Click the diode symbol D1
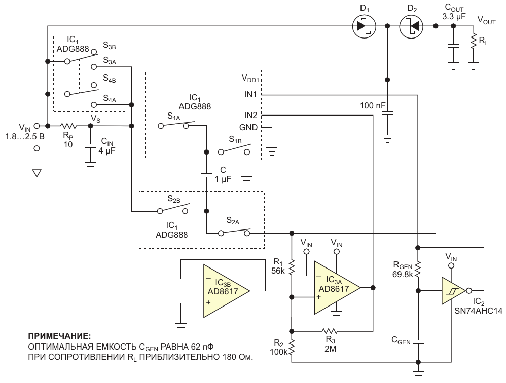[364, 26]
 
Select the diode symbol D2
[411, 26]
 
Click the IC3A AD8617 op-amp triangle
[337, 288]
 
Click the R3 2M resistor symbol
[330, 331]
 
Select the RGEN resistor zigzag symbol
[418, 269]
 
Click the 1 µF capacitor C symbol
[206, 176]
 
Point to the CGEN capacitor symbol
[418, 341]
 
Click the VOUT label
[486, 21]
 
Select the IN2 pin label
[250, 115]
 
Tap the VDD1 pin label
[250, 78]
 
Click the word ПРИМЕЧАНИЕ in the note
[60, 336]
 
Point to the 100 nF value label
[373, 105]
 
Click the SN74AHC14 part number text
[479, 311]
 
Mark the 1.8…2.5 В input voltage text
[25, 136]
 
